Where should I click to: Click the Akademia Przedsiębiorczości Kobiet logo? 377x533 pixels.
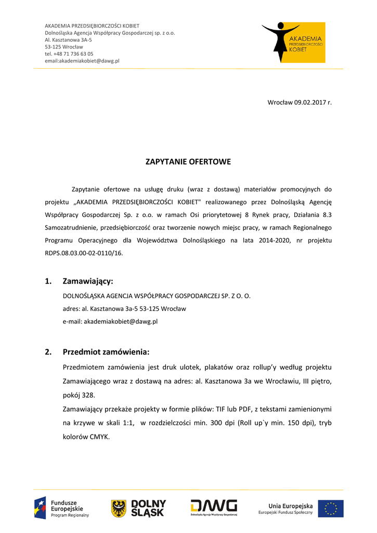(x=294, y=42)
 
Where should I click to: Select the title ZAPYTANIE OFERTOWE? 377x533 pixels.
(x=188, y=162)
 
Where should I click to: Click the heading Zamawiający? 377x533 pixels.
(x=88, y=282)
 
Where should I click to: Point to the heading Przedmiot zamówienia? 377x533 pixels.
(x=106, y=352)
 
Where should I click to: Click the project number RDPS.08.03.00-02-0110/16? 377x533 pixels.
(x=84, y=253)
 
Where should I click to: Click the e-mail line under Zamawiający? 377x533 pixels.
(x=110, y=322)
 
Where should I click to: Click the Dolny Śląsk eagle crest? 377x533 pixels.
(x=119, y=508)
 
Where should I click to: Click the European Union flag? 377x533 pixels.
(x=331, y=509)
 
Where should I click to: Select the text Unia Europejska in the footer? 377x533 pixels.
(x=290, y=505)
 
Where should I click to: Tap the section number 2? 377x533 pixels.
(x=48, y=352)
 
